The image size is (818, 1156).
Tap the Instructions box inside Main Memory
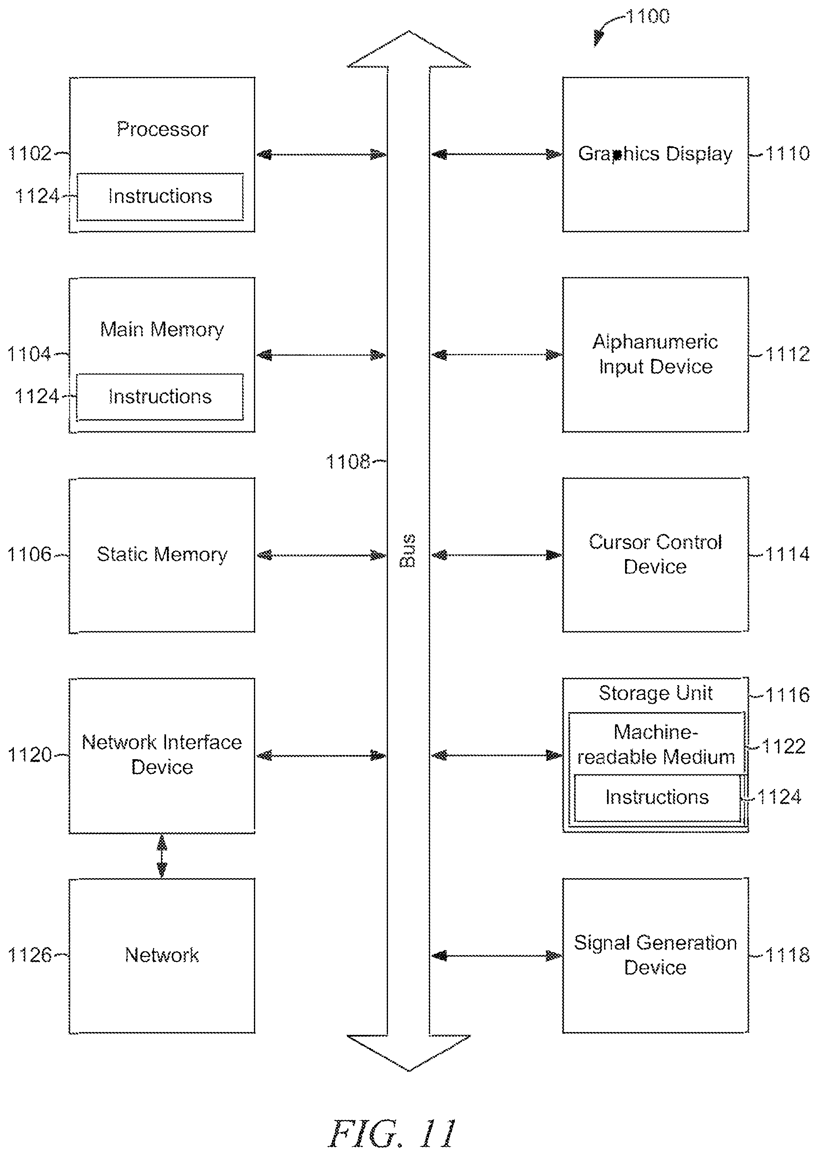pyautogui.click(x=160, y=397)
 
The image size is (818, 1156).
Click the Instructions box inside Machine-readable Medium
pyautogui.click(x=657, y=798)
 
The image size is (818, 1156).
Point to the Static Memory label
pyautogui.click(x=162, y=554)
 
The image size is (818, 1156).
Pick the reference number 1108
pyautogui.click(x=348, y=462)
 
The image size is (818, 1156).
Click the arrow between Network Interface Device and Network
pyautogui.click(x=162, y=856)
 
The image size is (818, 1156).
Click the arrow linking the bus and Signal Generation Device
pyautogui.click(x=497, y=955)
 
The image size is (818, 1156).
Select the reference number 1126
pyautogui.click(x=30, y=955)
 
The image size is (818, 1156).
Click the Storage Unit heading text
pyautogui.click(x=655, y=694)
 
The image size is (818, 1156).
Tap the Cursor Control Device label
pyautogui.click(x=655, y=554)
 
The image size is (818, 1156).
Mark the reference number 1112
pyautogui.click(x=788, y=354)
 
